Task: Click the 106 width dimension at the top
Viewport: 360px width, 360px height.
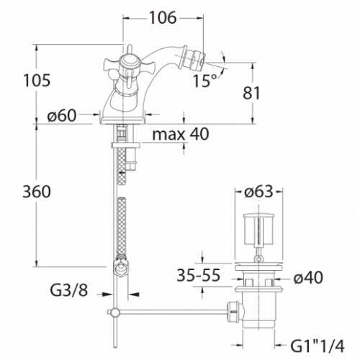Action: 163,17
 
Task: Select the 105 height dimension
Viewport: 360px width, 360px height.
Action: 37,80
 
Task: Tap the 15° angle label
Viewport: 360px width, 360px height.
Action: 204,81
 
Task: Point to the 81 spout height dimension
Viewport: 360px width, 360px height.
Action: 251,93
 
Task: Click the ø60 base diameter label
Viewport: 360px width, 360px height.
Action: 62,116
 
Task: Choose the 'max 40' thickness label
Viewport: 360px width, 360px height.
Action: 181,134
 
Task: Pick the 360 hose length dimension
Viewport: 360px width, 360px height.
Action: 37,192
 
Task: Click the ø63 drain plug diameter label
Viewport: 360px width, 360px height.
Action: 258,192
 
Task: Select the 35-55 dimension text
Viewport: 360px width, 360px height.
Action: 199,275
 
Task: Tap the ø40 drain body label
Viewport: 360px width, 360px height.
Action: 308,278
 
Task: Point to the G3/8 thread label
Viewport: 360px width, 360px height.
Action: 69,290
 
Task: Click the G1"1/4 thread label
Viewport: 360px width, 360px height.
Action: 318,346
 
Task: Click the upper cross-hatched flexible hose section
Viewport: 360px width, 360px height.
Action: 122,166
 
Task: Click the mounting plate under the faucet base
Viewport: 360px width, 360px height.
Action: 125,145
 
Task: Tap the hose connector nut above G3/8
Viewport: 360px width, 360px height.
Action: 122,267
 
